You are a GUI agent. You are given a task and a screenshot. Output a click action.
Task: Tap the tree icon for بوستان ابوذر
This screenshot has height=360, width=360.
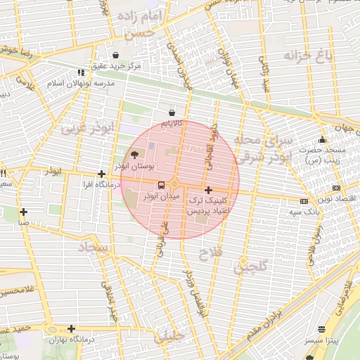coord(134,155)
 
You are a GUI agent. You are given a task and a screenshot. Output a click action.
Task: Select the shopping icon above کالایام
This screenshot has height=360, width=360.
coord(172,112)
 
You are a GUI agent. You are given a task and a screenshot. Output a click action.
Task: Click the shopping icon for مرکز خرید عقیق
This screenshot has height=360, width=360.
coord(115,55)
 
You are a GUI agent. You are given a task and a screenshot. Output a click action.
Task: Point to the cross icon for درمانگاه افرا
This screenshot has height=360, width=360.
coord(102,174)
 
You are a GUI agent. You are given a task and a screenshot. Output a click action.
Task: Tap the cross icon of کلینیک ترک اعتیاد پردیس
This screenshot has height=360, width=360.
coord(207,190)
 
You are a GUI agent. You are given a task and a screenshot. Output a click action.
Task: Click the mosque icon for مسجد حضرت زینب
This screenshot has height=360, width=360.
coord(322,139)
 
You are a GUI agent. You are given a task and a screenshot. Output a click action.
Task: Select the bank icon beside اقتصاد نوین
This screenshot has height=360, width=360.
coord(337,188)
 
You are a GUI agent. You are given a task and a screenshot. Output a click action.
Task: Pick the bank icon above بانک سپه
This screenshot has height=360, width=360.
coord(304,201)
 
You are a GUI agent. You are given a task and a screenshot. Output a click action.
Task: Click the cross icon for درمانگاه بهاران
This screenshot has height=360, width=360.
coord(71,328)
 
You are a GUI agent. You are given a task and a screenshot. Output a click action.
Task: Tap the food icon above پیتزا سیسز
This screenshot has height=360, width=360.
coord(322,329)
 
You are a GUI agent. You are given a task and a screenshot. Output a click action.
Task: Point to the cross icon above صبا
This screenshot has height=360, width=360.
coord(24,212)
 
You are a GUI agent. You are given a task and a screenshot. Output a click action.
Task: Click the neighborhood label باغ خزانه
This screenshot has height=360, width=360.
coord(307,56)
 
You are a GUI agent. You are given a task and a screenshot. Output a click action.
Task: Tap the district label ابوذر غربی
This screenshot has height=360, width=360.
coord(86,129)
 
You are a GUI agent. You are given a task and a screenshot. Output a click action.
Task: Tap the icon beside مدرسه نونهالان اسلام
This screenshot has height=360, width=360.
coord(82,72)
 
